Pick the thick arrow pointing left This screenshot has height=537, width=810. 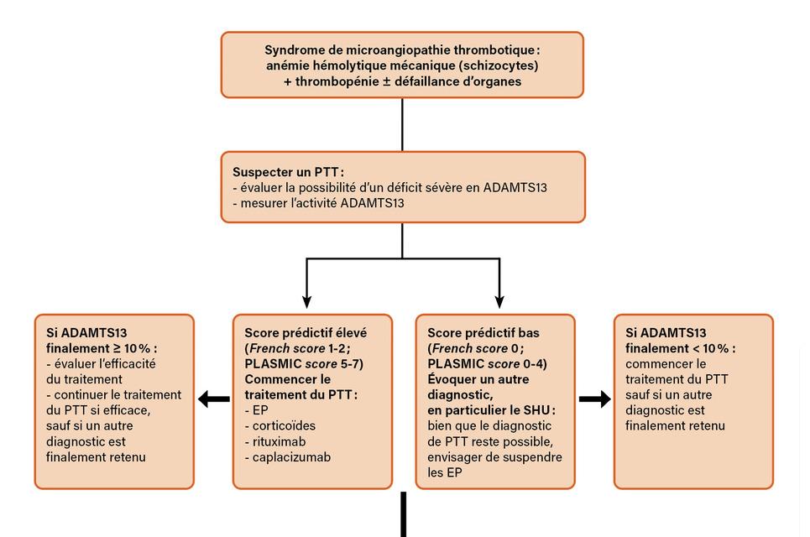tap(214, 400)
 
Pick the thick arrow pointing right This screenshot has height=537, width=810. tap(595, 400)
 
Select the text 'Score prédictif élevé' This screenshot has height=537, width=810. tap(305, 332)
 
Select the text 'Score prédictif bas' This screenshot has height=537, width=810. tap(483, 332)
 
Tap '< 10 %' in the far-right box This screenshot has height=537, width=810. tap(710, 348)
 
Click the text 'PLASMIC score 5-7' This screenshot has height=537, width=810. tap(303, 363)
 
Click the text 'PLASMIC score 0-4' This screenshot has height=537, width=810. tap(486, 363)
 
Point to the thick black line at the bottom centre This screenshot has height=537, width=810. tap(403, 514)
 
